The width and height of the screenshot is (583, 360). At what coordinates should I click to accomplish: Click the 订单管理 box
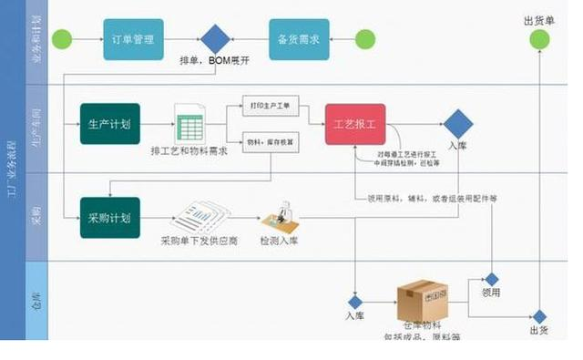(x=133, y=39)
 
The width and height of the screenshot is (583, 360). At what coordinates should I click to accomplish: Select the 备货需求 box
(x=298, y=39)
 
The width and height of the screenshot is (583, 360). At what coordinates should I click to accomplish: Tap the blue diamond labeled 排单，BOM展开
(x=215, y=39)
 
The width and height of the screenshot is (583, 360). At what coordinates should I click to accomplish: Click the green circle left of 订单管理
(x=62, y=39)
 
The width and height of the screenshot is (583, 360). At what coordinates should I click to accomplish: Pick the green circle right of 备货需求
(x=364, y=39)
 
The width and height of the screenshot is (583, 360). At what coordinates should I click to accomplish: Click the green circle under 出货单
(x=540, y=39)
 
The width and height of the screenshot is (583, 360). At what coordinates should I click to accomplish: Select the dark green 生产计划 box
(x=110, y=124)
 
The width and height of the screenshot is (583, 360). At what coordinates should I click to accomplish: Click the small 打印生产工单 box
(x=270, y=106)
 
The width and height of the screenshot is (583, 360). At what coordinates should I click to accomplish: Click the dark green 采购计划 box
(x=110, y=218)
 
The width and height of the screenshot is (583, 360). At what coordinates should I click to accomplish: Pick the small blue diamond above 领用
(x=492, y=280)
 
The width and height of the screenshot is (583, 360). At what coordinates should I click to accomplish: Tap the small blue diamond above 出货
(x=540, y=315)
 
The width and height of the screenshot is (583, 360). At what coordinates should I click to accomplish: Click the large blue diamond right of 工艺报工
(x=457, y=124)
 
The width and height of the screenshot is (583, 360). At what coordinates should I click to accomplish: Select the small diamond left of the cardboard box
(x=355, y=302)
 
